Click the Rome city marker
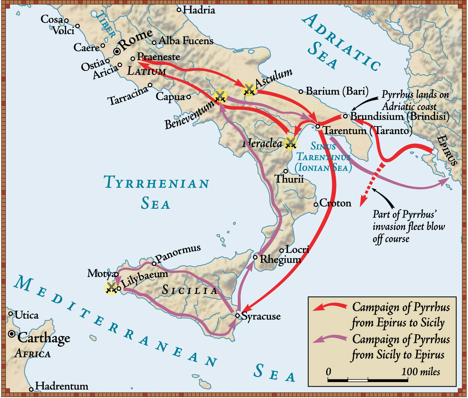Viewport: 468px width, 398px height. [x=117, y=51]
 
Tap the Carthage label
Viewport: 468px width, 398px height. [x=44, y=338]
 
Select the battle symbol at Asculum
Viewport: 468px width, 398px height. [x=249, y=90]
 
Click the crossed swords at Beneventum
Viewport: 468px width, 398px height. [x=220, y=96]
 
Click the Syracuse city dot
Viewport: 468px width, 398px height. [x=237, y=315]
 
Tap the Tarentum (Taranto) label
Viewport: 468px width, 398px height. [x=367, y=131]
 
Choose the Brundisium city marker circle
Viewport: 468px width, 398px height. [x=345, y=116]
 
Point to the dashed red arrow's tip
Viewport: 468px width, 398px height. [x=361, y=206]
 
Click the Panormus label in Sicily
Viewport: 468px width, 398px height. [x=178, y=254]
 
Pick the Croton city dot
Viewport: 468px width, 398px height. [x=316, y=204]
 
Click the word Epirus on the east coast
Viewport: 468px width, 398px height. [x=448, y=150]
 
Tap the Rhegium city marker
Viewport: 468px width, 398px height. [x=255, y=257]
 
